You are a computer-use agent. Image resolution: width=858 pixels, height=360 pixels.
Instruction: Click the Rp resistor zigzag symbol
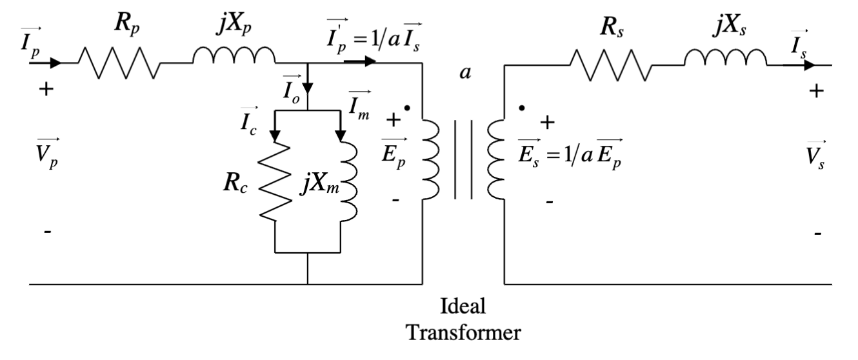point(119,63)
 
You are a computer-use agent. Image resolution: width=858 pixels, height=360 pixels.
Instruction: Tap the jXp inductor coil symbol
point(234,57)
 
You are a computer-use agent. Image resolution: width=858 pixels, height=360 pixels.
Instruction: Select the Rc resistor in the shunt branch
point(275,183)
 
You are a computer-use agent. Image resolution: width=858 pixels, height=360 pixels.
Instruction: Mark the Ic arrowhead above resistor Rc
point(275,135)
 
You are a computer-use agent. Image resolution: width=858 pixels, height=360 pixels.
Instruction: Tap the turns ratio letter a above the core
point(463,72)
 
